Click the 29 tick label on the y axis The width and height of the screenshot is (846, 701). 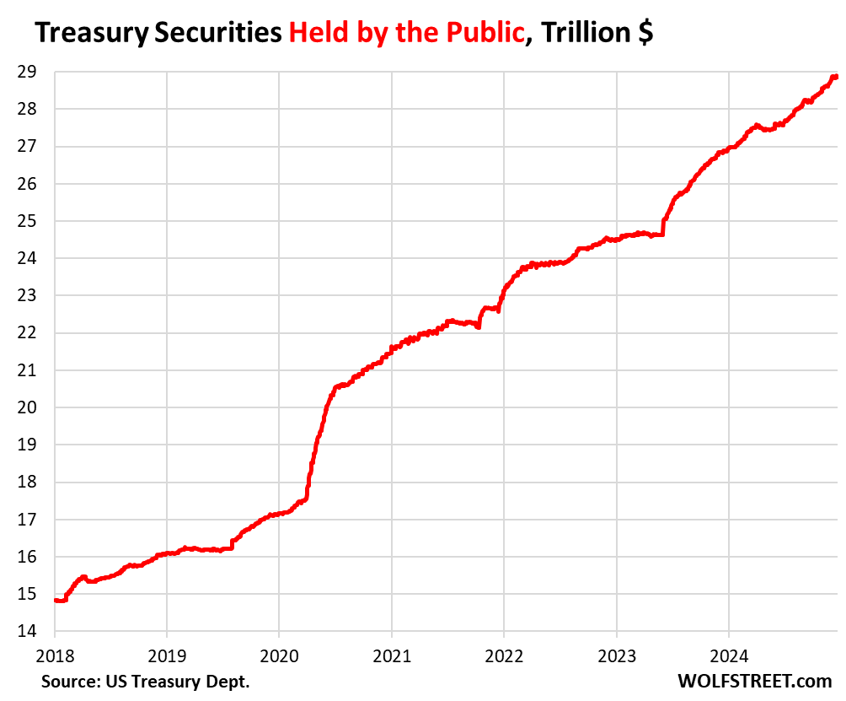coord(25,72)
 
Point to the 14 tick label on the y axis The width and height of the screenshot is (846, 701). coord(25,631)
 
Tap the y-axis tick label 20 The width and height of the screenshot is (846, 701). coord(25,407)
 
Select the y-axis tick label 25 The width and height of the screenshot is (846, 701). coord(25,221)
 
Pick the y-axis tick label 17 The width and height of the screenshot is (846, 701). coord(25,520)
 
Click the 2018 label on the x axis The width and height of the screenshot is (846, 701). coord(55,655)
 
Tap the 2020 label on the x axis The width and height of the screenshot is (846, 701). coord(279,655)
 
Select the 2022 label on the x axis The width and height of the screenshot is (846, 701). coord(504,655)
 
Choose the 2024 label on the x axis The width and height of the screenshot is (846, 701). coord(728,655)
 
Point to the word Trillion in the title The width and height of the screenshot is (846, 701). coord(582,35)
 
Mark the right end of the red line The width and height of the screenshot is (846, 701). coord(835,77)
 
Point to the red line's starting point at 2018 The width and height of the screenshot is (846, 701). coord(56,600)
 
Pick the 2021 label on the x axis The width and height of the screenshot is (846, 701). coord(391,655)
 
